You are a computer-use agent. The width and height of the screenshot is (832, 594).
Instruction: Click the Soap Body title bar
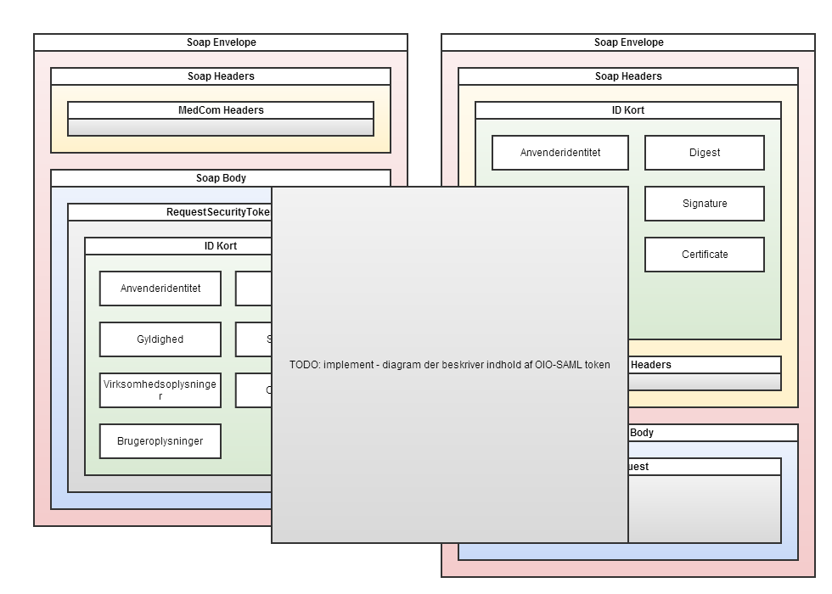pos(221,178)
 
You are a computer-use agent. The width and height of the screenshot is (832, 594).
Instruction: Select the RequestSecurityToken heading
pos(217,212)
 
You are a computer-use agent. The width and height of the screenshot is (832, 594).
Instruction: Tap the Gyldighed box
pos(160,339)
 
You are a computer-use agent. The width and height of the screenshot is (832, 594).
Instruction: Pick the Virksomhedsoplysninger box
pos(160,390)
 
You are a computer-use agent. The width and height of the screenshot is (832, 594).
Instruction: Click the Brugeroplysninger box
pos(160,441)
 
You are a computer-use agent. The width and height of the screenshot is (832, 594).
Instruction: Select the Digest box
pos(705,153)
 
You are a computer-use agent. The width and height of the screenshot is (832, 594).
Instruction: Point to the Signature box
pos(705,204)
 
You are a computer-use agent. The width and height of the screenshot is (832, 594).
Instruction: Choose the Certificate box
pos(705,255)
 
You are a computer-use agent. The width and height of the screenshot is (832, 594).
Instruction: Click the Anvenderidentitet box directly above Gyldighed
pos(160,289)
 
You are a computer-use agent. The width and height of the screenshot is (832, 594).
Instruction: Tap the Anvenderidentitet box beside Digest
pos(560,153)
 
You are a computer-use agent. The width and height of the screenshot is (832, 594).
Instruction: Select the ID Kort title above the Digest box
pos(628,110)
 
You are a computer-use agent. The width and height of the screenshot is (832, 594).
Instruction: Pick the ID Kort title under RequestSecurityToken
pos(221,246)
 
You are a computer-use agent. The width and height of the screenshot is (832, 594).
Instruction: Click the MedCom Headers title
pos(221,110)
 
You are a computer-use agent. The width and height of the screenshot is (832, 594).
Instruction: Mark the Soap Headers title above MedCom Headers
pos(221,76)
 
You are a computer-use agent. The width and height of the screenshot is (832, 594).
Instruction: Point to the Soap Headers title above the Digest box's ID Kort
pos(628,76)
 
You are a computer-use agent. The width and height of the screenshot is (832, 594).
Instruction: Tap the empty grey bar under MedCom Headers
pos(221,127)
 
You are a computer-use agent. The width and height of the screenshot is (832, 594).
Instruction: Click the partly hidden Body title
pos(642,433)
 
